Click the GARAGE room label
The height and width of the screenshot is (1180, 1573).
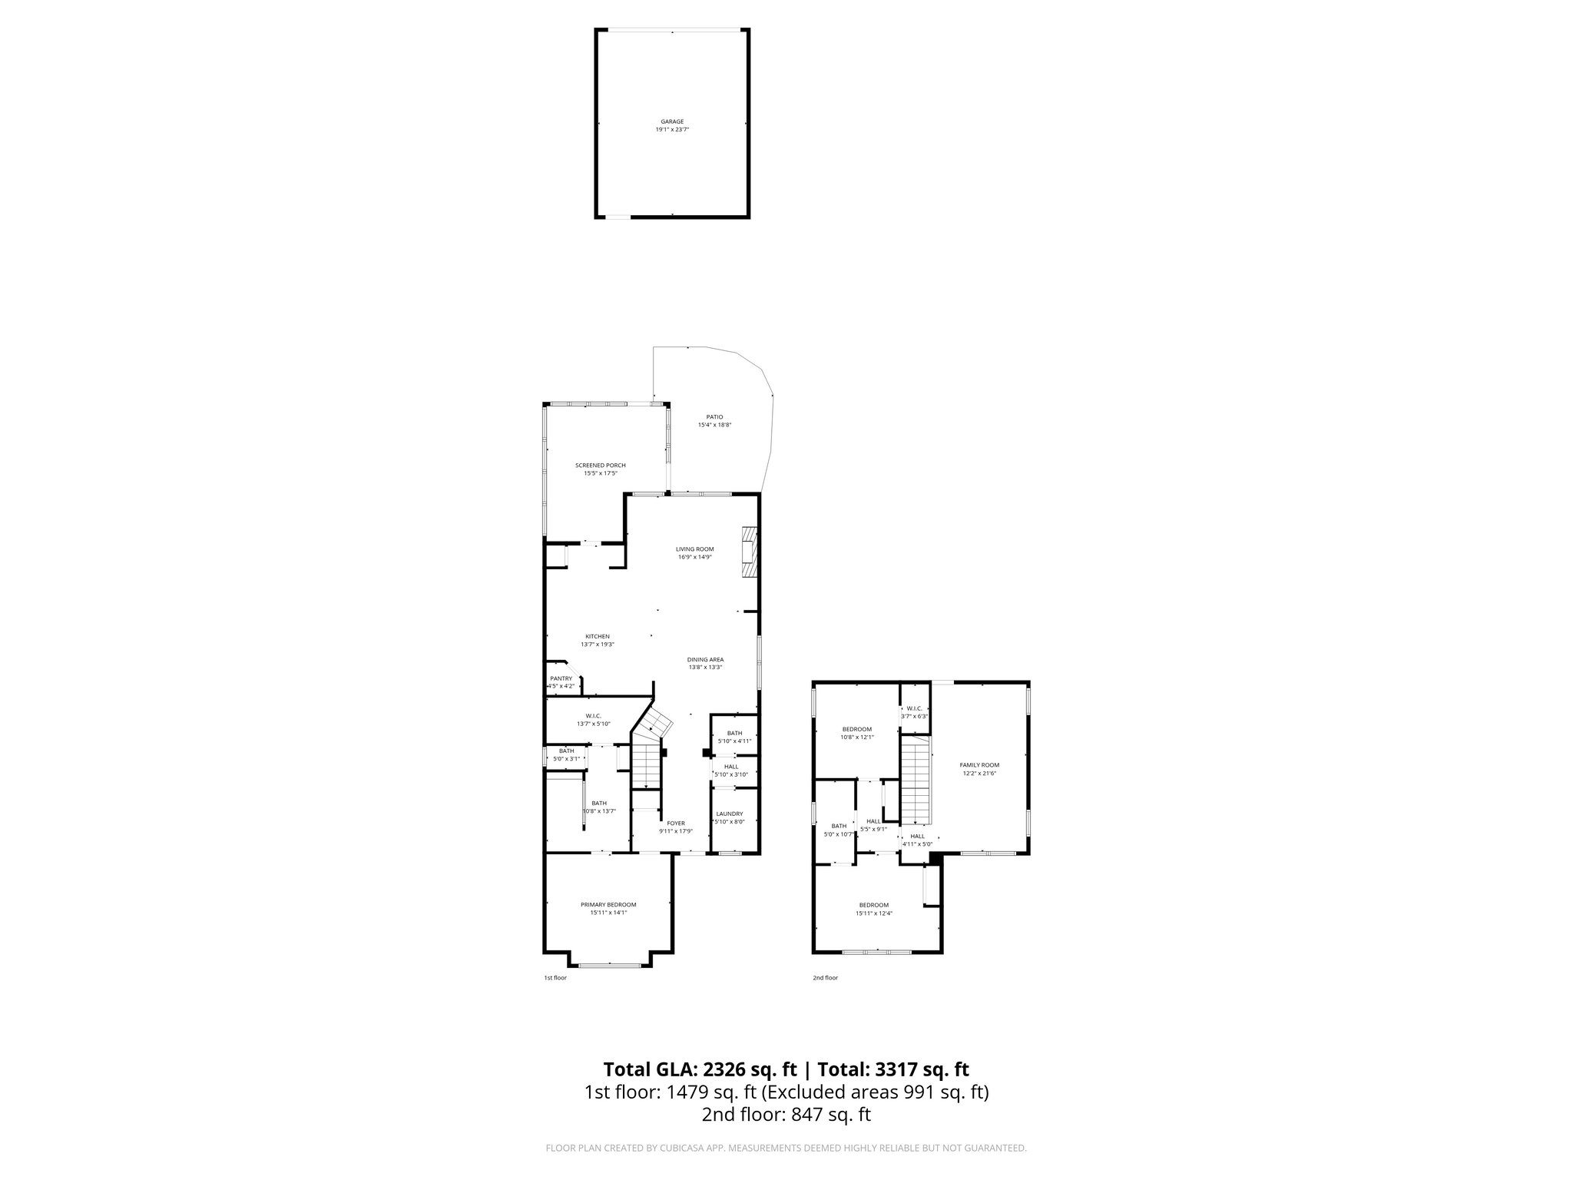click(x=672, y=121)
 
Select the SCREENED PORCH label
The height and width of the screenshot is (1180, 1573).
click(x=600, y=466)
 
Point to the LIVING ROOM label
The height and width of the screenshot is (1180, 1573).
click(x=694, y=549)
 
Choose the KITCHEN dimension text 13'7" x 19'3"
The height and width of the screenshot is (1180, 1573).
click(x=597, y=645)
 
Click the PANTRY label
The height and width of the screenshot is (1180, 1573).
click(x=561, y=678)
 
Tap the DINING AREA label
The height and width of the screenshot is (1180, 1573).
click(x=705, y=659)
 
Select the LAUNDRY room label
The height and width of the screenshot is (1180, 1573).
click(x=729, y=814)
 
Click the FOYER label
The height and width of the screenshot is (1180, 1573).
click(x=675, y=823)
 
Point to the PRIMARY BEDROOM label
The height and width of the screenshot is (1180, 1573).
click(x=608, y=904)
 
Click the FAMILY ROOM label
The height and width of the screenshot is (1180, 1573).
click(x=979, y=764)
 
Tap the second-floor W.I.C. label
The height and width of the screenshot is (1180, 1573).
click(x=914, y=708)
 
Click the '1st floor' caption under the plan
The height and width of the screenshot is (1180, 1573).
click(x=555, y=978)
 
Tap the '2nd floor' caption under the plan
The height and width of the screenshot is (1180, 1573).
click(x=825, y=978)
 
